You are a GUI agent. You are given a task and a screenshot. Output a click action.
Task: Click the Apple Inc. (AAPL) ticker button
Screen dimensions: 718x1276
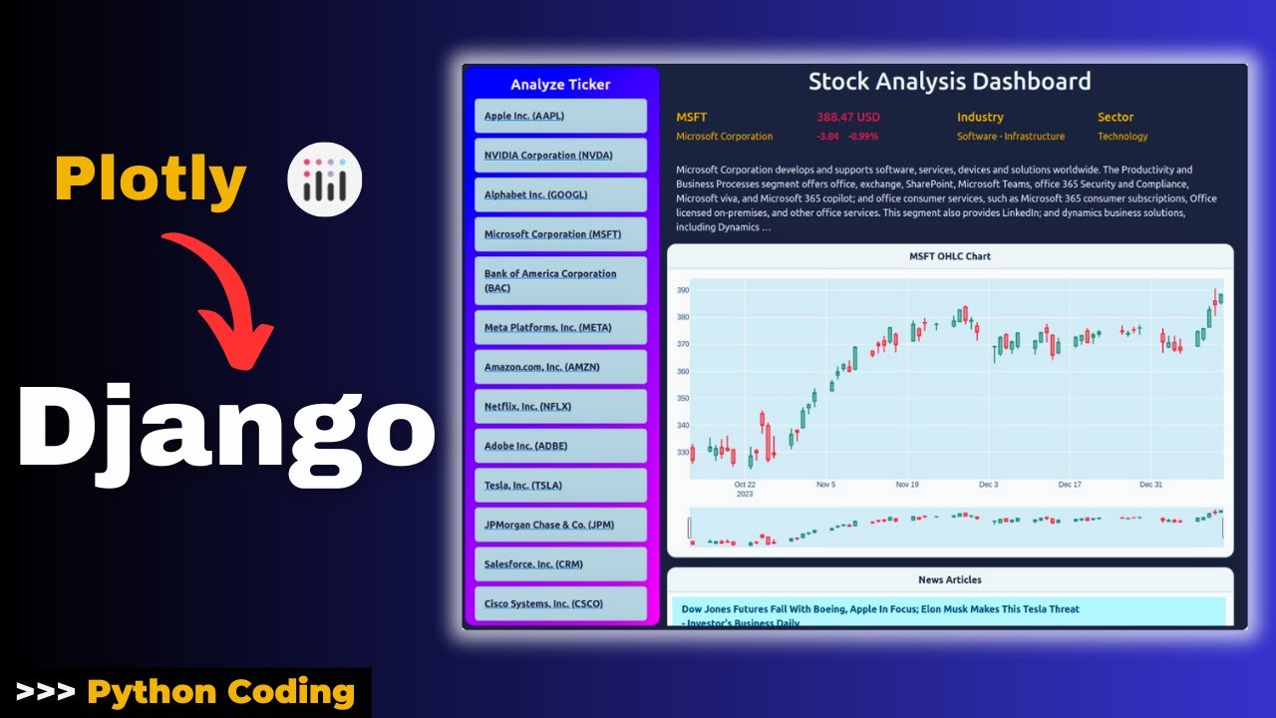click(560, 116)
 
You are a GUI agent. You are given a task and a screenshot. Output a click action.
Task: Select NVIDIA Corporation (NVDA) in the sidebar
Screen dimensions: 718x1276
click(560, 156)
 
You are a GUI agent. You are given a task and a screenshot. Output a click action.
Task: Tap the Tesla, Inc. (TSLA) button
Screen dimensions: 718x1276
click(560, 486)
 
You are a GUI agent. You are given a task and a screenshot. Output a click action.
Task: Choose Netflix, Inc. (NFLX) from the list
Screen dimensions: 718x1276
click(560, 407)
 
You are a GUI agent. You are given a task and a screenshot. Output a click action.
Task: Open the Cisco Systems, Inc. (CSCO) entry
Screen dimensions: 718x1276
click(560, 603)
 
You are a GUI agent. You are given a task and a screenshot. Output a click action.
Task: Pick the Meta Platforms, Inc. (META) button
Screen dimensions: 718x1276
click(560, 327)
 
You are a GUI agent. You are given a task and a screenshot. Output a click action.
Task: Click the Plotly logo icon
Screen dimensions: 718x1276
click(324, 180)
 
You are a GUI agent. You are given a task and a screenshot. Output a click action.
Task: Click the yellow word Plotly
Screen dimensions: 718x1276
click(151, 180)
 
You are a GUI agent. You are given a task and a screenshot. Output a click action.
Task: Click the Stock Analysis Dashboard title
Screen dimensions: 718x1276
click(949, 82)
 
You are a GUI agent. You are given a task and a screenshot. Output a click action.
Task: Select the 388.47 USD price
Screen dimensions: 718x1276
click(848, 117)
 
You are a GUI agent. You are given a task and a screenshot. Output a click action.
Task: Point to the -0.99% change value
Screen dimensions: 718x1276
click(862, 137)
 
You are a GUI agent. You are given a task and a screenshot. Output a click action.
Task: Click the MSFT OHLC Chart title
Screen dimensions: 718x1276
click(949, 256)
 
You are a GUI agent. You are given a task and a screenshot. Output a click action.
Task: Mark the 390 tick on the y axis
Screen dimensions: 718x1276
click(683, 290)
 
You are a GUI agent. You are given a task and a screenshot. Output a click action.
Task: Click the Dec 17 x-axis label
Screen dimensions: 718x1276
click(1070, 485)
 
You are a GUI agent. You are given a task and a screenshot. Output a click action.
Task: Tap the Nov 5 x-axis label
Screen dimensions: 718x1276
click(825, 485)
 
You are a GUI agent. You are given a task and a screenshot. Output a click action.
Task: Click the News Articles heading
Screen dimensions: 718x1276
click(949, 579)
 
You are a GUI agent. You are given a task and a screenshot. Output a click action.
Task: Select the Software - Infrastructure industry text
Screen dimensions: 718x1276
click(1010, 137)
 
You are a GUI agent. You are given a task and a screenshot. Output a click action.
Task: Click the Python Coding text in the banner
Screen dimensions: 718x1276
click(220, 692)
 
